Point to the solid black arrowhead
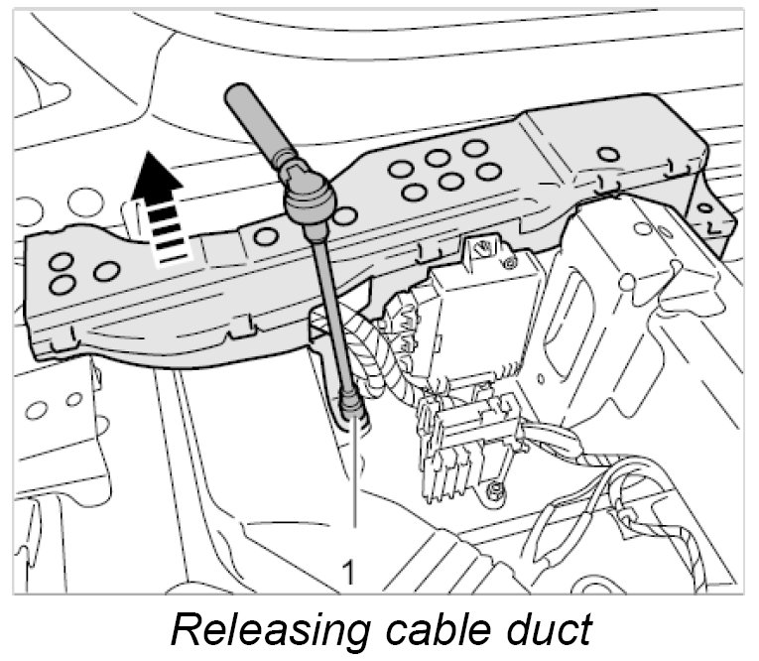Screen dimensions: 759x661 pos(159,177)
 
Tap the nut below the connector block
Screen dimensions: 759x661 pos(493,489)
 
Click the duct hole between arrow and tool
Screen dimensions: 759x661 pos(265,236)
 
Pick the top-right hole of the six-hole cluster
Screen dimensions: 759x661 pos(475,149)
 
